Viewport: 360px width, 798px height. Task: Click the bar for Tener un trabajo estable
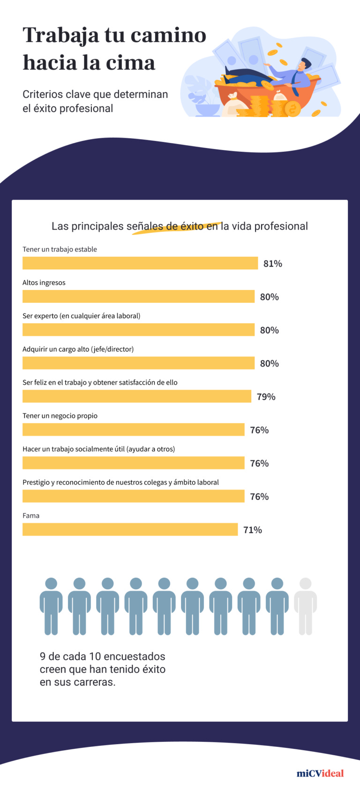pos(140,263)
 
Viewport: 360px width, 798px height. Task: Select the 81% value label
pos(272,264)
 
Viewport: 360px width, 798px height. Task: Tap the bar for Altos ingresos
pos(138,297)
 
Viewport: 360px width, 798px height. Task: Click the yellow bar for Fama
pos(130,530)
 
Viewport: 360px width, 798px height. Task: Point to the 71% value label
pos(252,530)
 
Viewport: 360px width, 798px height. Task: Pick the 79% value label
pos(266,397)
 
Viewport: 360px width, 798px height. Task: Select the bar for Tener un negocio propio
pos(133,430)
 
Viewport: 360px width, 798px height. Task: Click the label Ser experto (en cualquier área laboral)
pos(81,316)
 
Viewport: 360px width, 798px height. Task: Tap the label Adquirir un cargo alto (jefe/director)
pos(78,349)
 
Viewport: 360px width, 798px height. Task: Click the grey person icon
pos(305,606)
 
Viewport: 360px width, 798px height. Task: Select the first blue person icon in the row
pos(51,606)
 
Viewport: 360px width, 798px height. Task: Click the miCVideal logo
pos(320,773)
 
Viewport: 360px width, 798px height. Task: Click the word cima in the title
pos(133,63)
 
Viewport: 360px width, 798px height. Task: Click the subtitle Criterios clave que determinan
pos(95,94)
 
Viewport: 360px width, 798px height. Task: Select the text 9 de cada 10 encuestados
pos(102,656)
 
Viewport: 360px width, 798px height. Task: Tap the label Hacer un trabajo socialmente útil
pos(98,449)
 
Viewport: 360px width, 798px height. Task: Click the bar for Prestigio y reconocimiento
pos(133,496)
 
